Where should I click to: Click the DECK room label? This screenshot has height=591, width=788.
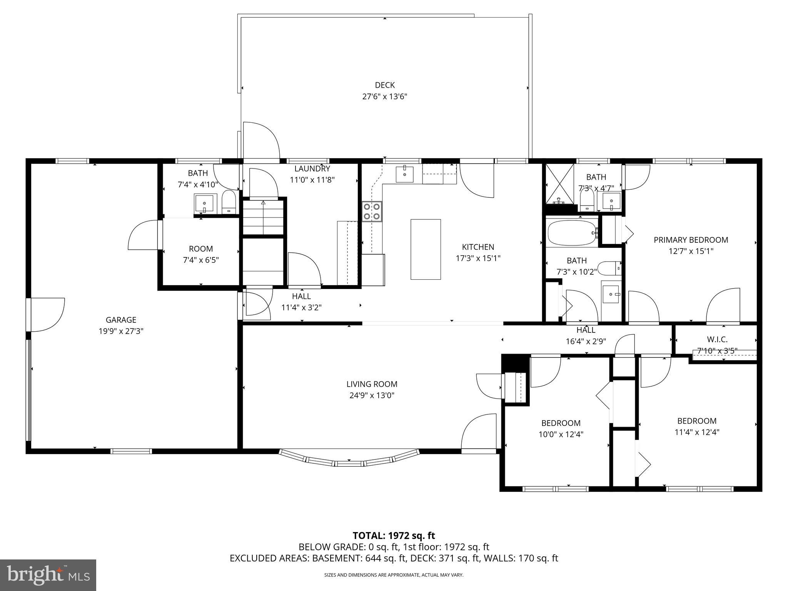[385, 85]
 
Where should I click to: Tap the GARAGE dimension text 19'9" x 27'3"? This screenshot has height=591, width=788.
[121, 331]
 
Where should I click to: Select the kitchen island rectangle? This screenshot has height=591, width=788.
[426, 249]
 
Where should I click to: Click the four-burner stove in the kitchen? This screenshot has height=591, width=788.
[372, 212]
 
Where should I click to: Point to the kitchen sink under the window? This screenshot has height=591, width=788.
[404, 174]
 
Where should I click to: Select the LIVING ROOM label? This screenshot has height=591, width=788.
[372, 384]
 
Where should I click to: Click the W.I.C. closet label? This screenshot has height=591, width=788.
[717, 339]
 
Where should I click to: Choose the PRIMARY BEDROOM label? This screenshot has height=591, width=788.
[691, 240]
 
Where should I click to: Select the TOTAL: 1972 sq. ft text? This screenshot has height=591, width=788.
[394, 536]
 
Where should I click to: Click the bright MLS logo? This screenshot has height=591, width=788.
[48, 575]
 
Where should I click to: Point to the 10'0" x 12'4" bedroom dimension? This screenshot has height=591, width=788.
[561, 434]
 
